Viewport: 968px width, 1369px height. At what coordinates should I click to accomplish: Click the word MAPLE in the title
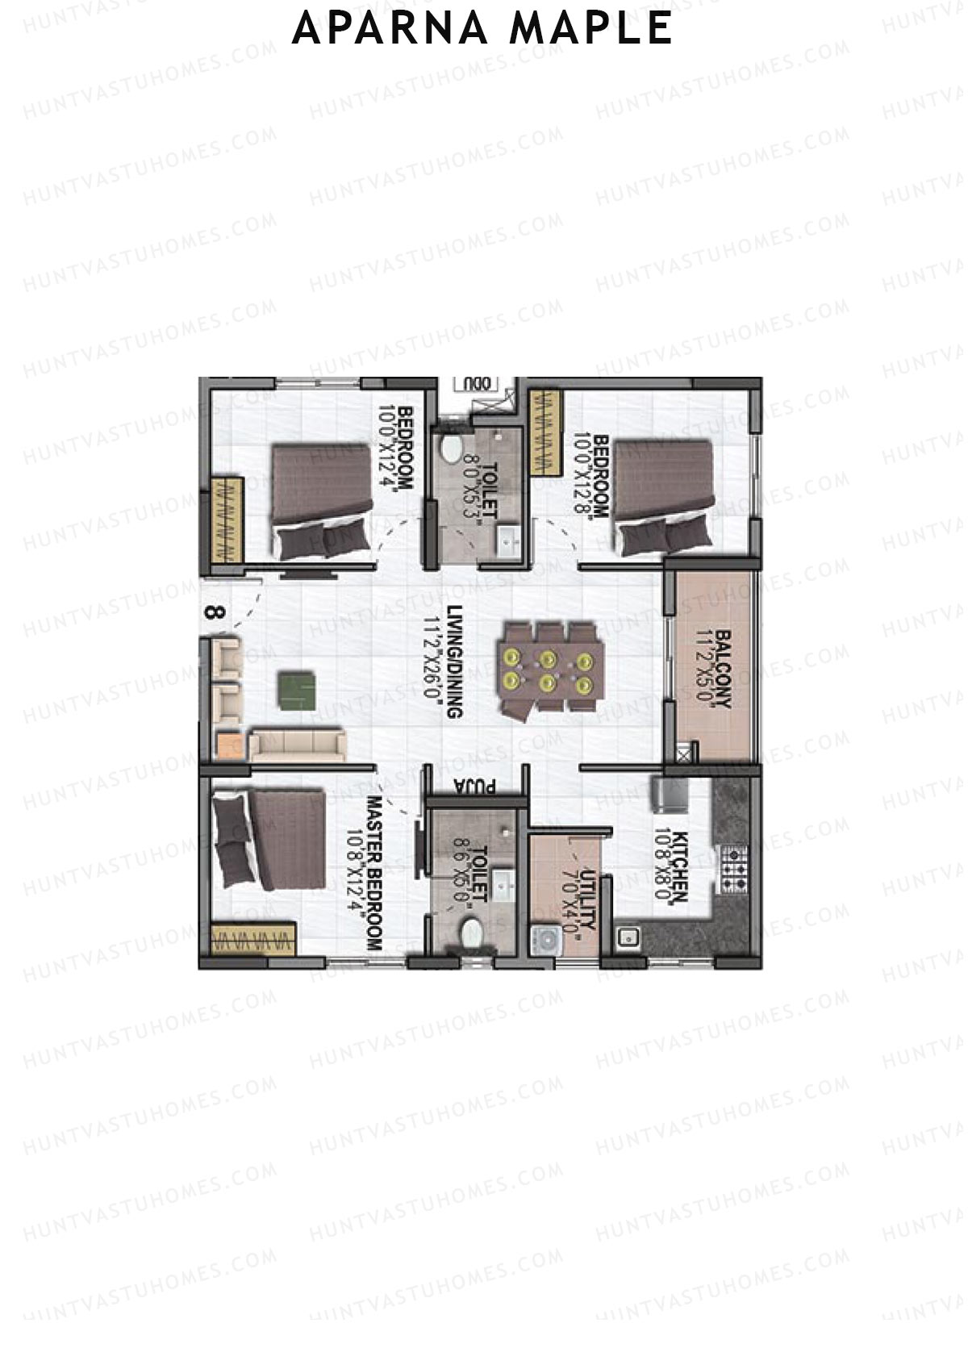[x=590, y=28]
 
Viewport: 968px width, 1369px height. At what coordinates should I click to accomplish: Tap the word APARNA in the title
[x=389, y=28]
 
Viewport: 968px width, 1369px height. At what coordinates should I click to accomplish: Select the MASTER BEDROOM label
[x=373, y=873]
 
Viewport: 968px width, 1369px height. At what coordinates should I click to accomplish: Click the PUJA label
[x=474, y=785]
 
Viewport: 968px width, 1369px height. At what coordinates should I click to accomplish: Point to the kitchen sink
[x=628, y=937]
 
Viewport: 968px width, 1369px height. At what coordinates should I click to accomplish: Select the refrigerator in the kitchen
[x=670, y=795]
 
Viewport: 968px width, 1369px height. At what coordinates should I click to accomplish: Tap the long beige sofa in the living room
[x=296, y=745]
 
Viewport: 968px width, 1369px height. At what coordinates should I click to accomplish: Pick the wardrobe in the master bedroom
[x=252, y=940]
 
